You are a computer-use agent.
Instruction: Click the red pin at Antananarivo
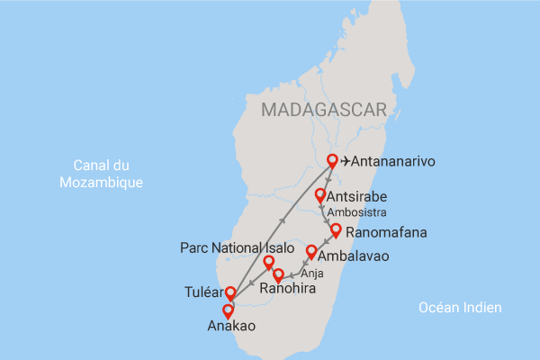[x=332, y=161]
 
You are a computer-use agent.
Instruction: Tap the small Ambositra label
[x=356, y=213]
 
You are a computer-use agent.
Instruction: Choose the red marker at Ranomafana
[x=336, y=230]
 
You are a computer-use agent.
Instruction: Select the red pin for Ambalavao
[x=311, y=252]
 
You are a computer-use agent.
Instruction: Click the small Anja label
[x=311, y=273]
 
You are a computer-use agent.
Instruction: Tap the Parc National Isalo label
[x=237, y=247]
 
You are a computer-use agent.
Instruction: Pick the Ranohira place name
[x=287, y=290]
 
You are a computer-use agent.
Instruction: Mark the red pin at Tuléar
[x=230, y=292]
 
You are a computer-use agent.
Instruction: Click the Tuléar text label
[x=202, y=293]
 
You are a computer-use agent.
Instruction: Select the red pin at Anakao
[x=228, y=310]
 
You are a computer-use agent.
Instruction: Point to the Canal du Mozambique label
[x=101, y=173]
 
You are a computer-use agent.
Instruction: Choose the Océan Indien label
[x=460, y=308]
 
